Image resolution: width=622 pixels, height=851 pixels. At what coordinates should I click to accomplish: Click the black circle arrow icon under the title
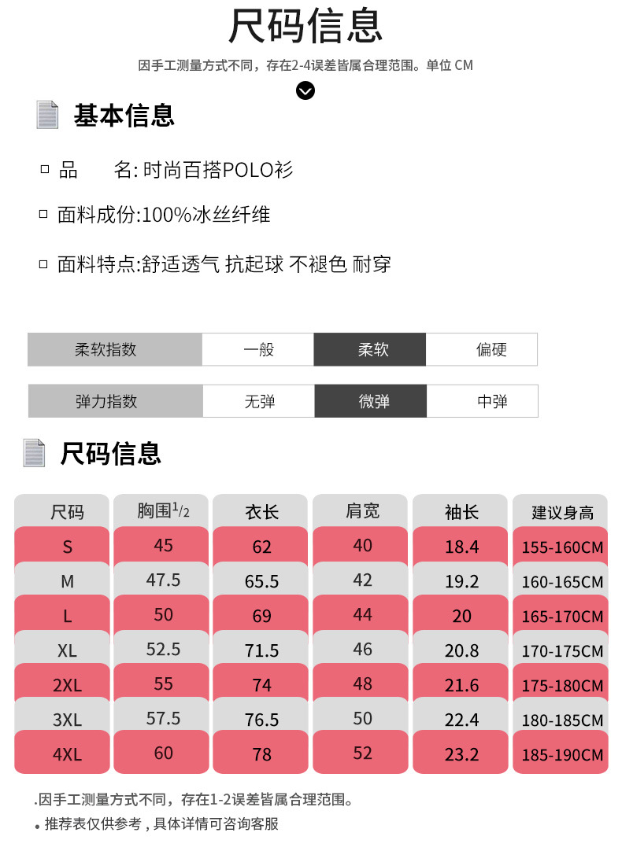pyautogui.click(x=305, y=91)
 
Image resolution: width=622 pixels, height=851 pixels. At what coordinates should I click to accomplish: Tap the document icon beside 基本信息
pyautogui.click(x=48, y=115)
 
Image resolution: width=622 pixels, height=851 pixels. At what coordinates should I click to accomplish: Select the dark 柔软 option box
pyautogui.click(x=369, y=349)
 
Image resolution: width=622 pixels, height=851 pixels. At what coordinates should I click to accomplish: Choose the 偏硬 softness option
pyautogui.click(x=481, y=349)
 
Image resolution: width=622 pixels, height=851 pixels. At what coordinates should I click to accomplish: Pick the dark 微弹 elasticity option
pyautogui.click(x=370, y=401)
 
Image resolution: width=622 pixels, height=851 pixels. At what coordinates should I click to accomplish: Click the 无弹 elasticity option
pyautogui.click(x=258, y=401)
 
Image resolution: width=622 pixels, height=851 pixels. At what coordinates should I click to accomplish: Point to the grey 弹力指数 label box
pyautogui.click(x=115, y=401)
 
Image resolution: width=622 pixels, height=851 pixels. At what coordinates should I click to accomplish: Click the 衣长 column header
pyautogui.click(x=261, y=512)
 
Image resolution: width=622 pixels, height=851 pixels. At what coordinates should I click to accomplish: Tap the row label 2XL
pyautogui.click(x=67, y=684)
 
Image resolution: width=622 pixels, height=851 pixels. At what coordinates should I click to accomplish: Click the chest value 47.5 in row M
pyautogui.click(x=163, y=580)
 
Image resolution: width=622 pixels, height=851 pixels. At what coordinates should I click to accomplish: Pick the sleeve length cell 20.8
pyautogui.click(x=461, y=650)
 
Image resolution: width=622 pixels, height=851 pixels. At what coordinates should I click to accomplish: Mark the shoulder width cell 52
pyautogui.click(x=362, y=753)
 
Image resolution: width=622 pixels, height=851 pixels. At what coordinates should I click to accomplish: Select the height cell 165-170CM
pyautogui.click(x=561, y=617)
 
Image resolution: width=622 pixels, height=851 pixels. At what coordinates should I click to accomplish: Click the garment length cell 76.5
pyautogui.click(x=261, y=720)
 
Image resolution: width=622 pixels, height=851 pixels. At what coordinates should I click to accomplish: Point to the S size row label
pyautogui.click(x=67, y=547)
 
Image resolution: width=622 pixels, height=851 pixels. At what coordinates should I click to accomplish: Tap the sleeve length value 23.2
pyautogui.click(x=461, y=753)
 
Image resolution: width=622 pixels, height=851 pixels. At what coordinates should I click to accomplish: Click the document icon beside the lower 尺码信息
pyautogui.click(x=35, y=453)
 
